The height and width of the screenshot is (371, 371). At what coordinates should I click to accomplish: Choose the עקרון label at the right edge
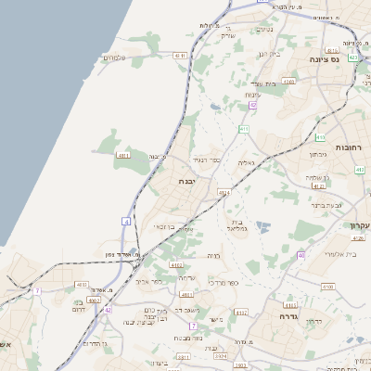click(x=358, y=225)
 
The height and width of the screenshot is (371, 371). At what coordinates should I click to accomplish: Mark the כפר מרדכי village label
click(x=224, y=282)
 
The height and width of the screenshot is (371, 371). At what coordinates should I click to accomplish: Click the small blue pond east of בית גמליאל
click(x=262, y=225)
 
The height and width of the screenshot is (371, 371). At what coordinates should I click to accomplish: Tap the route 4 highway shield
click(x=125, y=221)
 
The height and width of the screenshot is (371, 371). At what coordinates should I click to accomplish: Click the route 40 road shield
click(x=301, y=254)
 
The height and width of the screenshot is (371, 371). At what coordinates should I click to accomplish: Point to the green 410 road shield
click(x=320, y=136)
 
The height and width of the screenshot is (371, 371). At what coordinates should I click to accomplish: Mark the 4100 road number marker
click(x=327, y=288)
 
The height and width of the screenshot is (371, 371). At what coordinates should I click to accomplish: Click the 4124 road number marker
click(x=224, y=192)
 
